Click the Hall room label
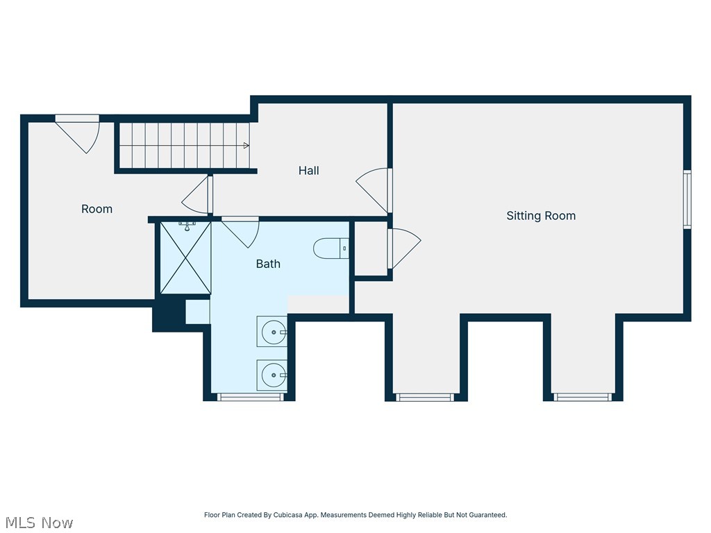[308, 171]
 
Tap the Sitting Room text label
[541, 216]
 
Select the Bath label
[268, 264]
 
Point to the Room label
[97, 209]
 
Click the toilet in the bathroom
[331, 248]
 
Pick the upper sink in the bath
[272, 332]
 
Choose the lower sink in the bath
[272, 375]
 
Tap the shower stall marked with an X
[185, 257]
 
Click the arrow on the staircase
[246, 146]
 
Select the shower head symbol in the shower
[187, 226]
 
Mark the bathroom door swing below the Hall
[240, 232]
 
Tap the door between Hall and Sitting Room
[374, 190]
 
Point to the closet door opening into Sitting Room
[404, 248]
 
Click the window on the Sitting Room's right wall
[687, 199]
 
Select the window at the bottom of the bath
[250, 397]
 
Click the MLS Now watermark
[39, 523]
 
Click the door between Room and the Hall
[197, 194]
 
